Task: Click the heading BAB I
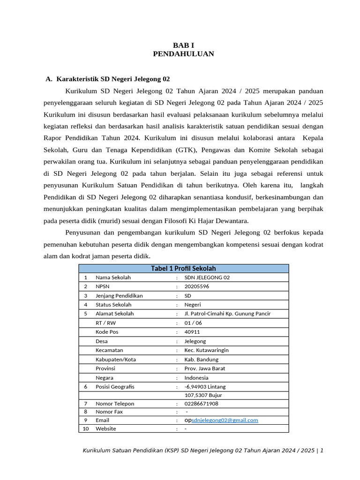tap(183, 45)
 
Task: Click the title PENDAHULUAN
tap(183, 54)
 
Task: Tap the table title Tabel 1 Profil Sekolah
tap(183, 269)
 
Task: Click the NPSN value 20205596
tap(197, 286)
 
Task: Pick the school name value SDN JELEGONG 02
tap(207, 277)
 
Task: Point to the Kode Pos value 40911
tap(192, 332)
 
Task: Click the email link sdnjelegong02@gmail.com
tap(225, 420)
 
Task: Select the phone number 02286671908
tap(201, 404)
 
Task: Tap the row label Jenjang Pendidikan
tap(119, 296)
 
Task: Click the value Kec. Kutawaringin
tap(207, 350)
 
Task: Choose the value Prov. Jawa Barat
tap(205, 368)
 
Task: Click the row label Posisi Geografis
tap(115, 387)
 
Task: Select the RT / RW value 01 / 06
tap(193, 323)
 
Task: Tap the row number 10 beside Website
tap(86, 428)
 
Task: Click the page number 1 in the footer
tap(322, 450)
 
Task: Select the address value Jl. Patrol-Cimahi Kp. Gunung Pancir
tap(227, 314)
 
